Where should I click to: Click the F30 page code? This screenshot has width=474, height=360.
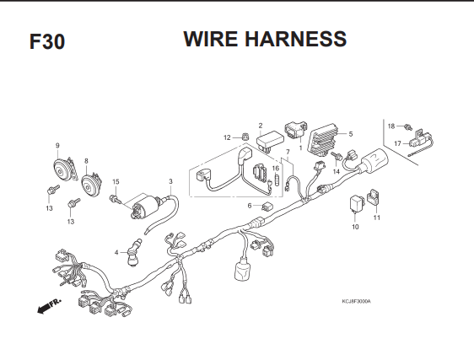(47, 41)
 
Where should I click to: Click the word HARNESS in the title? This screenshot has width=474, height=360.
(295, 39)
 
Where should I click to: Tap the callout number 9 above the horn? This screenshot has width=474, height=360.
(57, 146)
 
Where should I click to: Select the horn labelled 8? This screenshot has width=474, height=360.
(91, 185)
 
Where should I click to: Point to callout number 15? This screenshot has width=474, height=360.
(116, 181)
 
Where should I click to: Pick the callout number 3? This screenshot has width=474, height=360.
(171, 181)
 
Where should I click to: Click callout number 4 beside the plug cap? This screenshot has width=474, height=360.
(116, 252)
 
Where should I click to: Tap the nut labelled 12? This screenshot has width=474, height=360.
(245, 137)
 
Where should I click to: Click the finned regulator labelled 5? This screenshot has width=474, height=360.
(322, 140)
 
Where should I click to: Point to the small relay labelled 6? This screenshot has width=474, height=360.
(266, 207)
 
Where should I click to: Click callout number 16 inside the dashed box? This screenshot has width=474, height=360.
(276, 169)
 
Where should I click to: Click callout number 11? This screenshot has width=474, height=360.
(377, 218)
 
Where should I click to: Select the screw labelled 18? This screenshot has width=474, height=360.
(408, 127)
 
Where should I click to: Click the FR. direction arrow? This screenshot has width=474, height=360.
(48, 306)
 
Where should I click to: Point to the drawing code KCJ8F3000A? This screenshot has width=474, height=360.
(356, 301)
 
